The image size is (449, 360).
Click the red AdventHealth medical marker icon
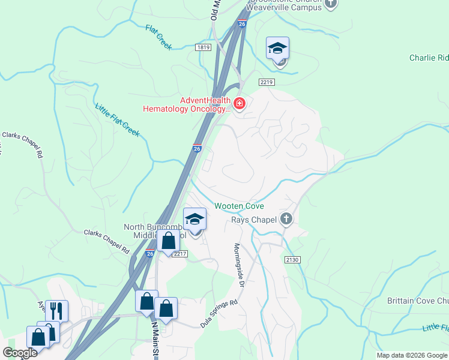click(240, 104)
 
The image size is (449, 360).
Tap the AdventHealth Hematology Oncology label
click(186, 104)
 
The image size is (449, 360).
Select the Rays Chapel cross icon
click(286, 220)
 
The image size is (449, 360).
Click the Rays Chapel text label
click(254, 220)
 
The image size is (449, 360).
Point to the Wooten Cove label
click(240, 206)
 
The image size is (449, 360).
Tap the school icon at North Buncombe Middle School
click(194, 219)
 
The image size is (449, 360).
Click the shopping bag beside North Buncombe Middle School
click(169, 241)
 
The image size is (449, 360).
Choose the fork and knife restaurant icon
click(56, 310)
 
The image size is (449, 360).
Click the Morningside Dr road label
click(238, 265)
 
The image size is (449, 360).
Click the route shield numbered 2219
click(267, 82)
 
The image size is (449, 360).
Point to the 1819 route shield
click(203, 47)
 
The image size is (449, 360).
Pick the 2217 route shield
click(181, 254)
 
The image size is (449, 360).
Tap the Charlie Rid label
click(429, 58)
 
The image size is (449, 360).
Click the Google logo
click(20, 353)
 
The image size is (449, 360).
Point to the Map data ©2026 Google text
click(412, 355)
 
